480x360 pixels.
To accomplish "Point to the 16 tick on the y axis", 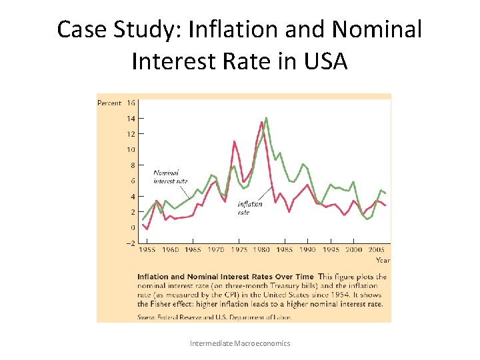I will pos(131,103).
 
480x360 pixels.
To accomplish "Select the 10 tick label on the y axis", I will pos(131,150).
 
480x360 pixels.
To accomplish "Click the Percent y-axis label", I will pos(109,103).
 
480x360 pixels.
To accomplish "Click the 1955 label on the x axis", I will pos(147,250).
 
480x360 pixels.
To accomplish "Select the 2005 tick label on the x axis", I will pos(377,250).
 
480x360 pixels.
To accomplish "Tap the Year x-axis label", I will pos(383,260).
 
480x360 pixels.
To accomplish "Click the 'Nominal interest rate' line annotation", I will pos(170,177).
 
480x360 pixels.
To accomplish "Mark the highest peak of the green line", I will pos(267,118).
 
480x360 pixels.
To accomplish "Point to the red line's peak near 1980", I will pos(261,122).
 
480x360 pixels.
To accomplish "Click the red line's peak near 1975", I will pos(234,141).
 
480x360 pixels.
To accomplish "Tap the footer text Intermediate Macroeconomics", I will pos(240,343).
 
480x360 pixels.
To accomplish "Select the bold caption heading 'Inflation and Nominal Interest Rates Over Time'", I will pos(225,277).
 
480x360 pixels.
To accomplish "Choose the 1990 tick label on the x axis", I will pos(307,250).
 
